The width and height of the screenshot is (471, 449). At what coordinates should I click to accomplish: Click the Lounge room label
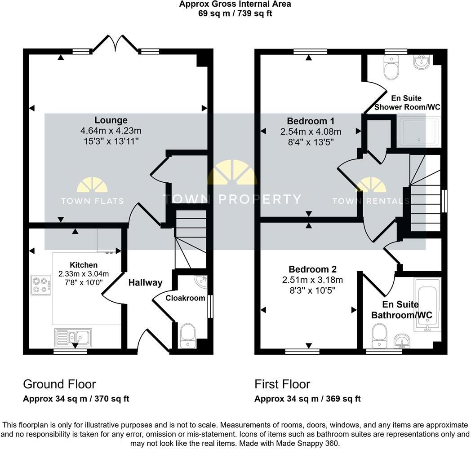tap(111, 120)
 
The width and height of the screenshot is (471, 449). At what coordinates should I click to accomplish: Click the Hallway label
tap(145, 282)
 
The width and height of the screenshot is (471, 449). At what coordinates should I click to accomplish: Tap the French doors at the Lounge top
tap(116, 44)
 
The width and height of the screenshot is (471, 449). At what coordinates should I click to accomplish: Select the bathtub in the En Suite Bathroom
tap(427, 304)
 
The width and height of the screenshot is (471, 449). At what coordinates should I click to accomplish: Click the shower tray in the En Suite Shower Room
tap(418, 133)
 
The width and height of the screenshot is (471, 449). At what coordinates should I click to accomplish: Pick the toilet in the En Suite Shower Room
tap(391, 68)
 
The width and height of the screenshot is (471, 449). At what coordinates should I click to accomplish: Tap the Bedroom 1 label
tap(310, 121)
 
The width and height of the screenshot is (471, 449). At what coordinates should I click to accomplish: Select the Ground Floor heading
tap(59, 384)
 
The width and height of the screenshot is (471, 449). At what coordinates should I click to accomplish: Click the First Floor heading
tap(282, 384)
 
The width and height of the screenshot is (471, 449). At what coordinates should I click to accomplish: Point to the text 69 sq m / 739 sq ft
tap(235, 13)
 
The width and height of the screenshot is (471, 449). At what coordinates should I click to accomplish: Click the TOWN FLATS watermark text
tap(92, 201)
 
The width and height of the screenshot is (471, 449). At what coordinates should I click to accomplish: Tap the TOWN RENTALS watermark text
tap(371, 201)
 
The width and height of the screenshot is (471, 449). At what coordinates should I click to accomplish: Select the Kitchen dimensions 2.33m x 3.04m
tap(84, 273)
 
